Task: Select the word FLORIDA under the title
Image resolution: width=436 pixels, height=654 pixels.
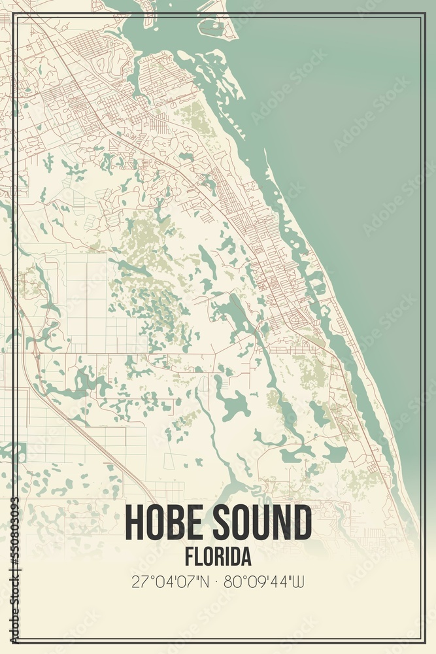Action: point(218,557)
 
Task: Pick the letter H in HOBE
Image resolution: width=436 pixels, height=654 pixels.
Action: point(134,523)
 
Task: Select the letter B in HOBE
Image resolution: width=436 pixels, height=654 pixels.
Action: point(177,523)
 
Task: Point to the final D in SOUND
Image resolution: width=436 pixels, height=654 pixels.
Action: point(302,523)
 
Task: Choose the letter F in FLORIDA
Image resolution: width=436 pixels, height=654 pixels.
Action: point(188,557)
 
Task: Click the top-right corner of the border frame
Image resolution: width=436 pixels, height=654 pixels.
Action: point(423,14)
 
